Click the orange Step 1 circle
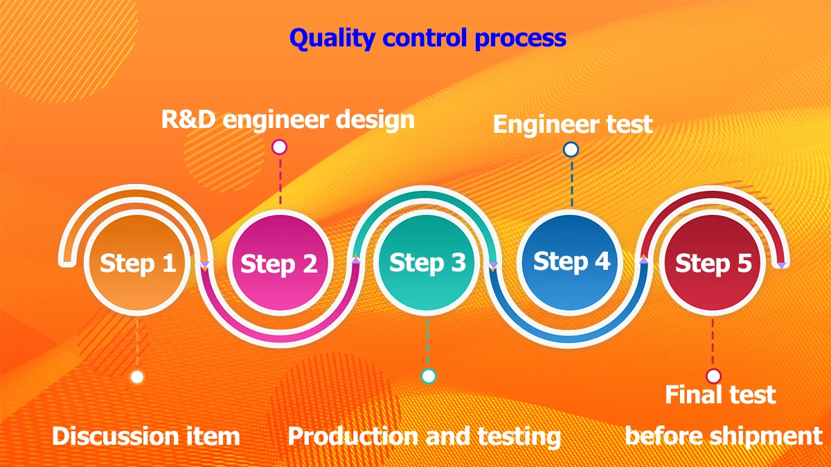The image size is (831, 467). tap(137, 264)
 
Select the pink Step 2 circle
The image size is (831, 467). tap(280, 264)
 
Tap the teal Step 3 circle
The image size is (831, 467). tap(427, 263)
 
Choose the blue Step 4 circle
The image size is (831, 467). tap(572, 262)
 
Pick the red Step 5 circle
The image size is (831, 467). tap(713, 264)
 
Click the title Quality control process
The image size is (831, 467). tap(427, 37)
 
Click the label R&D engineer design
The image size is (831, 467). tap(288, 119)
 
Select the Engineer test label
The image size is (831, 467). tap(573, 125)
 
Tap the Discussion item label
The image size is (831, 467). tap(146, 437)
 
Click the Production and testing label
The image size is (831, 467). tap(424, 437)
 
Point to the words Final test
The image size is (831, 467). tap(720, 395)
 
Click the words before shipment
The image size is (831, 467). tap(724, 437)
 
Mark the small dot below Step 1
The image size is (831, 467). tap(137, 377)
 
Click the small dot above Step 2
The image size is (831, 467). tap(279, 147)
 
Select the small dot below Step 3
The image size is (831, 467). tap(429, 376)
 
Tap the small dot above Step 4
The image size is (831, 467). tap(571, 149)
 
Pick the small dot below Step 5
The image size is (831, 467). tap(713, 376)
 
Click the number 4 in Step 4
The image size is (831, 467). tap(601, 262)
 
